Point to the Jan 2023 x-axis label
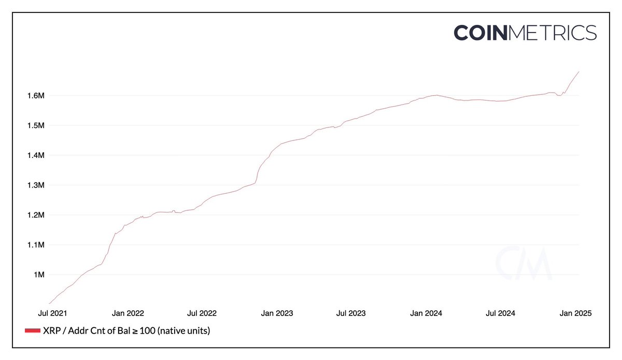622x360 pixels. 276,313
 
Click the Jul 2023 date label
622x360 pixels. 350,313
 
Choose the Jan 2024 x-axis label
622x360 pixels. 426,313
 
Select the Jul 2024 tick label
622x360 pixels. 500,313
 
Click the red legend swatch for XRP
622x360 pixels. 33,330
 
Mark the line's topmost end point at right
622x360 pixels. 579,71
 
